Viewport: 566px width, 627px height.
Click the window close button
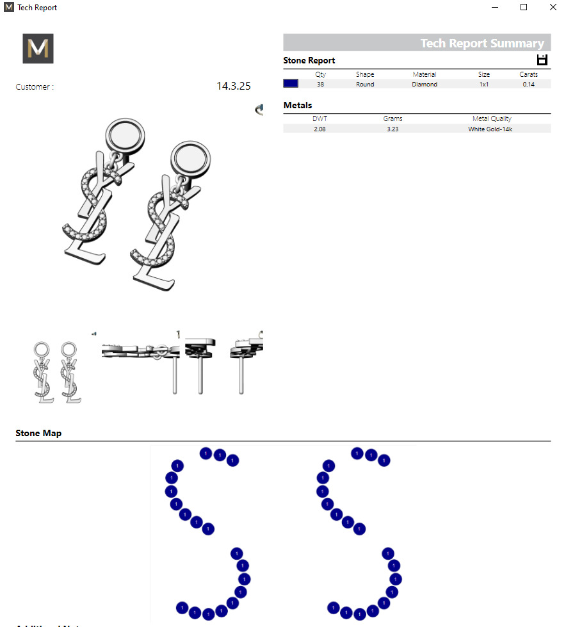pos(553,8)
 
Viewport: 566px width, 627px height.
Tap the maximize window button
pos(524,8)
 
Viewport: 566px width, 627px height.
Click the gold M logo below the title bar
pos(38,49)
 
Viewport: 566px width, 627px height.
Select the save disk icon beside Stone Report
pos(542,60)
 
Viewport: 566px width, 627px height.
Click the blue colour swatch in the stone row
pos(291,84)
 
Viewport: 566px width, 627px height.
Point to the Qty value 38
pos(320,85)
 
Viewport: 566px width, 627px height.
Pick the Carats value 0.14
pos(528,85)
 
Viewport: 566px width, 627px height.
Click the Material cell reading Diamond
pos(424,85)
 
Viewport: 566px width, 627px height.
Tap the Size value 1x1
pos(484,85)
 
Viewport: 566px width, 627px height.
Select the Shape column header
pos(365,74)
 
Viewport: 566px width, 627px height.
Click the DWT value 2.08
pos(319,129)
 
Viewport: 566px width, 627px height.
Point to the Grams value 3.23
pos(392,129)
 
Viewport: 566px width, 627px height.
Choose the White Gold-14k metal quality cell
pos(490,129)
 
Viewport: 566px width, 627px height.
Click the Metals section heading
pos(298,106)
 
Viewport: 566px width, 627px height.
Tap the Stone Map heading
pos(38,434)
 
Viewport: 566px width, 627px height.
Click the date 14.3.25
pos(233,86)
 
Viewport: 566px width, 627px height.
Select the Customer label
pos(35,87)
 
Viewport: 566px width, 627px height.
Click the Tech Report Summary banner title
pos(481,44)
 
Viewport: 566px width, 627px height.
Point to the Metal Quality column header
pos(492,118)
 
